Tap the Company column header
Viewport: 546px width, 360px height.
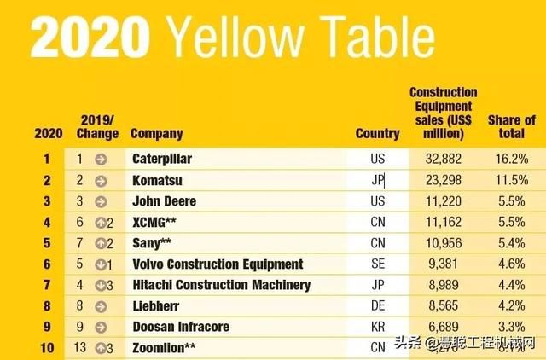[156, 133]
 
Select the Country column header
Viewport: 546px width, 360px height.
[377, 133]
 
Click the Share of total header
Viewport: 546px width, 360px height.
[511, 127]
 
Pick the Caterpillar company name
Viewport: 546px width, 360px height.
[162, 159]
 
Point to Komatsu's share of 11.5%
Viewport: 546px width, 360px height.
[511, 180]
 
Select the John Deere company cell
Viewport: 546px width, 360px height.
[164, 201]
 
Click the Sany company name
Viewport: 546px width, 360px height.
[151, 243]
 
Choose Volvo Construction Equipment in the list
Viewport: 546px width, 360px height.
[218, 264]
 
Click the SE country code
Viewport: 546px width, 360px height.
[378, 264]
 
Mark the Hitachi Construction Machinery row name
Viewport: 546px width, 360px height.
[221, 285]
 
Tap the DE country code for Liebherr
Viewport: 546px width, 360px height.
[378, 305]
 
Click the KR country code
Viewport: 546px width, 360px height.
[378, 327]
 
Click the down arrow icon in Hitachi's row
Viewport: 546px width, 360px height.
[101, 285]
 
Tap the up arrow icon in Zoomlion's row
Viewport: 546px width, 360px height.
[101, 347]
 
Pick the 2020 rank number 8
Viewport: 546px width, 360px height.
[47, 305]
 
